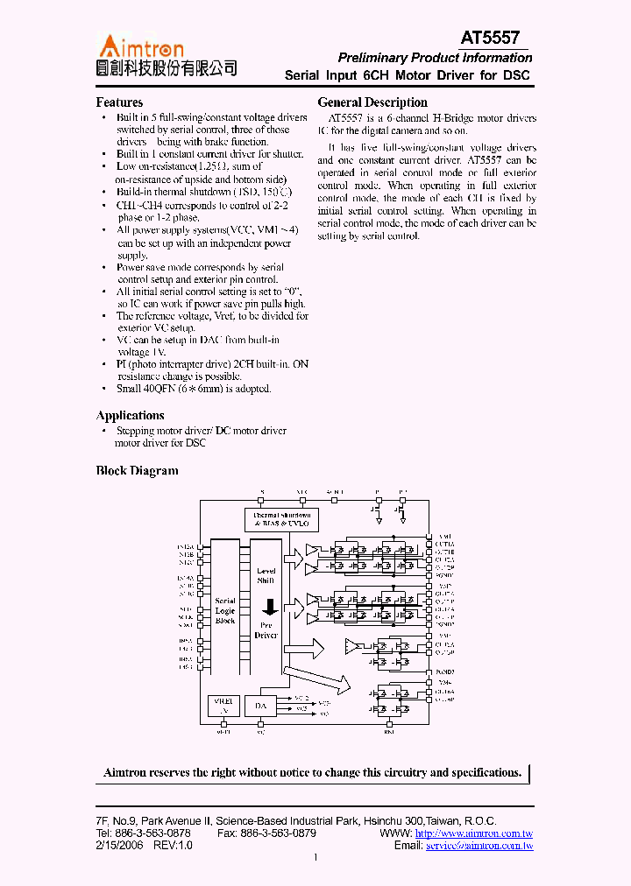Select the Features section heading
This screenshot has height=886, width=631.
[x=119, y=102]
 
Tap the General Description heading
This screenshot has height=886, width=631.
[x=372, y=102]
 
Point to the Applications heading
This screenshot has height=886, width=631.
[x=130, y=416]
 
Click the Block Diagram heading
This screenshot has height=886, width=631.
[x=137, y=471]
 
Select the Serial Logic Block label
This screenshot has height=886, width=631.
[x=225, y=610]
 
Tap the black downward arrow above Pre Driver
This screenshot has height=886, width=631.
[x=269, y=607]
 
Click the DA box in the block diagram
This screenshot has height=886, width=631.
[x=260, y=706]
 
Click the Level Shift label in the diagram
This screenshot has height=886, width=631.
[x=266, y=575]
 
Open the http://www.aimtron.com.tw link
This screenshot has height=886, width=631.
[x=474, y=833]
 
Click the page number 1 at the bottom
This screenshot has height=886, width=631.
[x=315, y=858]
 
